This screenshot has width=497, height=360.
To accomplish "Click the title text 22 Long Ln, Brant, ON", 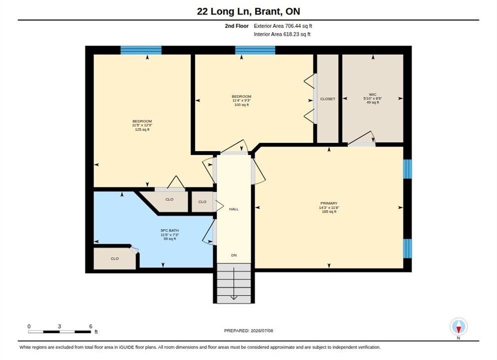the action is pyautogui.click(x=248, y=11).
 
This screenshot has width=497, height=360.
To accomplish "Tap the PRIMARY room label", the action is pyautogui.click(x=328, y=203).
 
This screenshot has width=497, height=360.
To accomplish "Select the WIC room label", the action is pyautogui.click(x=372, y=94).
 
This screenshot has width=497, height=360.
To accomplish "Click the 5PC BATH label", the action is pyautogui.click(x=169, y=230).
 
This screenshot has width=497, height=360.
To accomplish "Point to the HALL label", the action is pyautogui.click(x=233, y=209).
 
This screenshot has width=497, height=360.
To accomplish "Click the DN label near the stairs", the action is pyautogui.click(x=234, y=255).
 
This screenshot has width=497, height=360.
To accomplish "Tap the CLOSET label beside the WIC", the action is pyautogui.click(x=327, y=99).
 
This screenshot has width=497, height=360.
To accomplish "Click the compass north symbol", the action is pyautogui.click(x=458, y=326).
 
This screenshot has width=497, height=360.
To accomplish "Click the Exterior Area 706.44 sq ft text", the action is pyautogui.click(x=282, y=26).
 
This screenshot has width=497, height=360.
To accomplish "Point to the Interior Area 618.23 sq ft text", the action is pyautogui.click(x=282, y=34).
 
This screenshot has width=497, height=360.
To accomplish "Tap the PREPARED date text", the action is pyautogui.click(x=248, y=330).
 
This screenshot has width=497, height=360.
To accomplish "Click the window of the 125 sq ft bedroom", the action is pyautogui.click(x=141, y=50).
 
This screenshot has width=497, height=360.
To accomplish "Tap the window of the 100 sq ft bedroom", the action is pyautogui.click(x=255, y=50).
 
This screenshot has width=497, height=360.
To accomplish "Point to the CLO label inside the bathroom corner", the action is pyautogui.click(x=114, y=258).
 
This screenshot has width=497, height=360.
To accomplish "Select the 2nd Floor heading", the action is pyautogui.click(x=236, y=26).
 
